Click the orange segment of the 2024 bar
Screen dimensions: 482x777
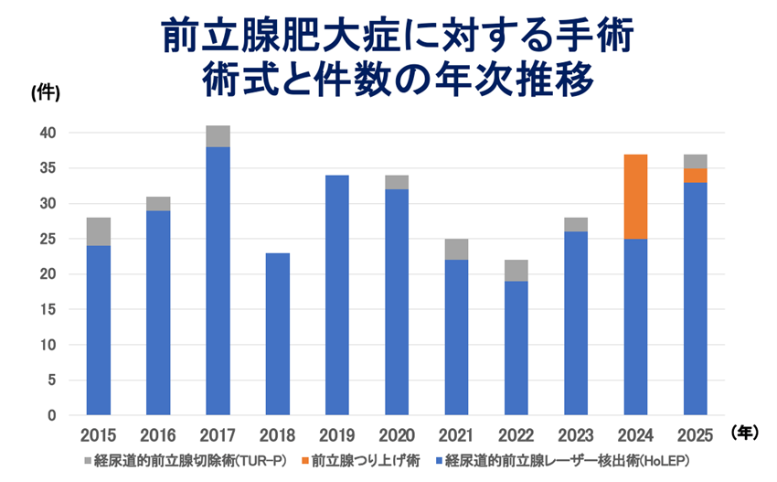click(636, 197)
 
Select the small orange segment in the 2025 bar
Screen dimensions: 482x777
click(695, 176)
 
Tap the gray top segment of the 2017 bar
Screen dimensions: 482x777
click(218, 136)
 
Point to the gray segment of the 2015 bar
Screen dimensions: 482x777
click(99, 231)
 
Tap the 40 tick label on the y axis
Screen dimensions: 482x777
click(48, 134)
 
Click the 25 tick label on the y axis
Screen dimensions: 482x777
click(48, 240)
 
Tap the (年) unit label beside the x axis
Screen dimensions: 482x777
click(745, 434)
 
